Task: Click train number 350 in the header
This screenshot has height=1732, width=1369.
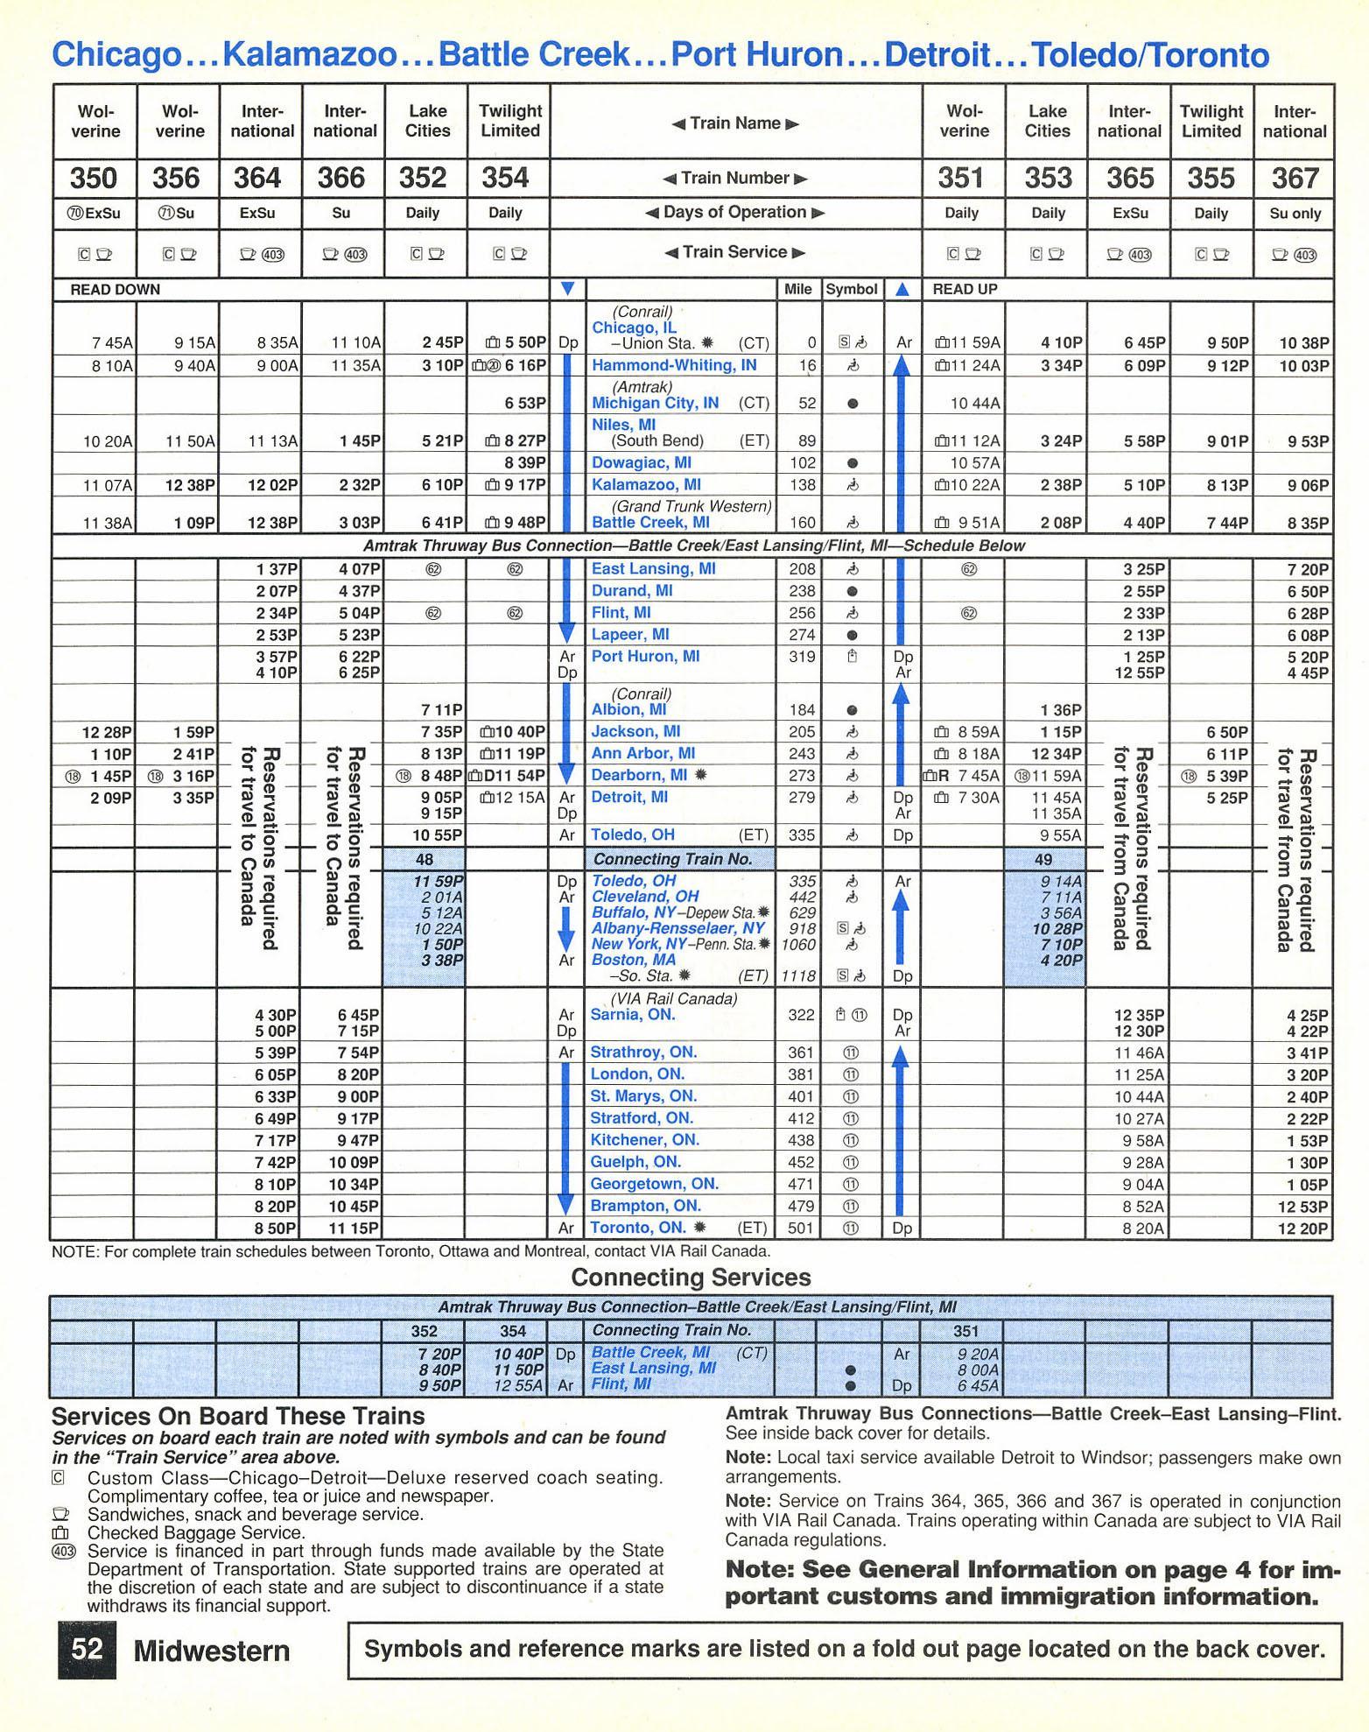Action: point(94,179)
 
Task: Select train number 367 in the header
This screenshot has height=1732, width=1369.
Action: point(1294,179)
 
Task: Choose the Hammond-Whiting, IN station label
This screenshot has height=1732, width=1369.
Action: point(674,365)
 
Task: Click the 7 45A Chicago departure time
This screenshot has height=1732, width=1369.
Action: point(112,343)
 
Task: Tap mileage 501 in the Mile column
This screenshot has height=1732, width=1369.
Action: point(801,1229)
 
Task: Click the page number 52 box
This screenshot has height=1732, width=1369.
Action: point(88,1651)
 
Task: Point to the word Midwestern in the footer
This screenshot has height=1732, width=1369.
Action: point(211,1651)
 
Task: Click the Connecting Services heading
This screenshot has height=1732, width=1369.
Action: point(691,1278)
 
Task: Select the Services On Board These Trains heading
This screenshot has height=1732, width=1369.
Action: point(238,1416)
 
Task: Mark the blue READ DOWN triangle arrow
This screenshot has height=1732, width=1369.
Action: point(567,289)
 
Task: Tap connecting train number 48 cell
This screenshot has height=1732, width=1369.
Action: point(424,859)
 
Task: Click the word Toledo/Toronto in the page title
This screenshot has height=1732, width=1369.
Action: point(1150,55)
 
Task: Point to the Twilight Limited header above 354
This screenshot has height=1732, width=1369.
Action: point(509,122)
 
